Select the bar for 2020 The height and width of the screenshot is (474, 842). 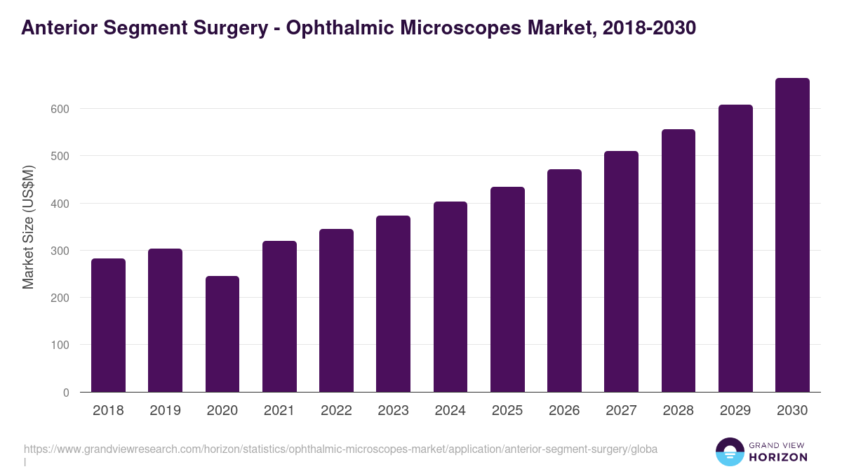(222, 334)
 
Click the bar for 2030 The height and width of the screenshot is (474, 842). (792, 235)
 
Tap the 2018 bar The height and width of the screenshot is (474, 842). (108, 325)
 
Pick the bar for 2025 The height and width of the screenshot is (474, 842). (507, 289)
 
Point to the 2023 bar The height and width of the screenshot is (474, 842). (393, 304)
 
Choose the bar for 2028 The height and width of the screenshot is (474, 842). (679, 261)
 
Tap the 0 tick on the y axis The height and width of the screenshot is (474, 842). (66, 393)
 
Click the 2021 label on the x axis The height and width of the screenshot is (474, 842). (279, 411)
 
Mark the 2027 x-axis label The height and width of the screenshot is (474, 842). (621, 411)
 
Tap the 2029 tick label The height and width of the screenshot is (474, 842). (735, 411)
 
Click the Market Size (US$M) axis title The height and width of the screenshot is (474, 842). (28, 227)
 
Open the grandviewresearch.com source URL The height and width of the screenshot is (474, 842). (340, 449)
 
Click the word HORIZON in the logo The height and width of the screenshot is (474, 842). (778, 457)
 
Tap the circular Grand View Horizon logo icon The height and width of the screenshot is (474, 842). (730, 452)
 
